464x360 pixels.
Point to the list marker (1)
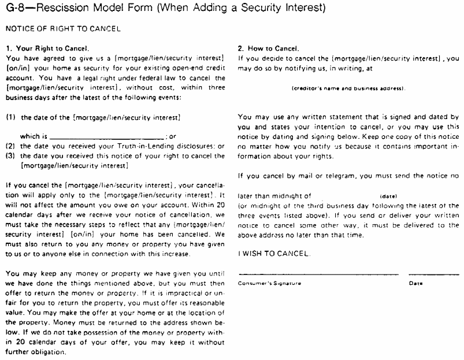10,117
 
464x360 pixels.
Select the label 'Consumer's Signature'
269,284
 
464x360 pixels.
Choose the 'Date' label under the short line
415,284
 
